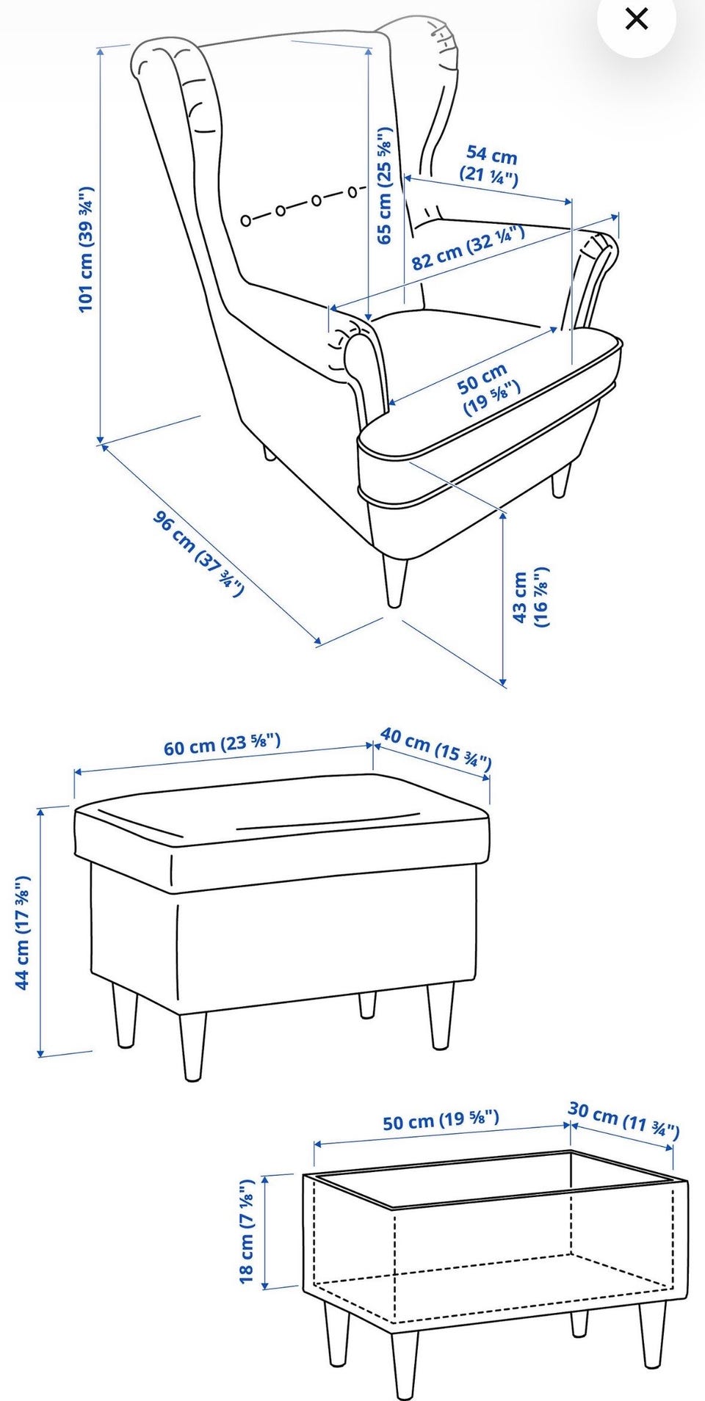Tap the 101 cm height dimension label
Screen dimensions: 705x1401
tap(87, 250)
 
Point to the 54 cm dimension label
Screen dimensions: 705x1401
tap(490, 166)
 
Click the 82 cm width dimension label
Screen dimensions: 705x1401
tap(468, 248)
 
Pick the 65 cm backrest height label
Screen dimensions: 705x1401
tap(385, 186)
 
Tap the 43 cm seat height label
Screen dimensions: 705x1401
tap(530, 597)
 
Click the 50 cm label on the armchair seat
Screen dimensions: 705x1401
tap(488, 390)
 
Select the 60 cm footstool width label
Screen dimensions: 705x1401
tap(222, 743)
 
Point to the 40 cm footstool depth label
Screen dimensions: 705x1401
tap(436, 748)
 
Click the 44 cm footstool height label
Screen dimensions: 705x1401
tap(23, 932)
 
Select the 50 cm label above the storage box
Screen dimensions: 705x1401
tap(441, 1120)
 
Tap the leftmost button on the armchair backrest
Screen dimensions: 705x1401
tap(247, 219)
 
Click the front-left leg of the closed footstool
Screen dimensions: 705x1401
tap(192, 1047)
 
